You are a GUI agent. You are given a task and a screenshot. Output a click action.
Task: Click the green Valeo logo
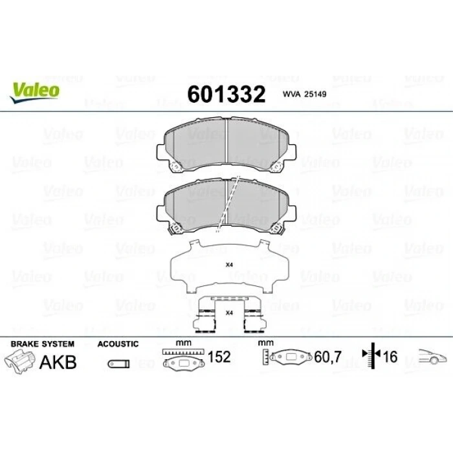point(35,91)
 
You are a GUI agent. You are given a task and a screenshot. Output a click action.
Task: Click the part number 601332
point(226,94)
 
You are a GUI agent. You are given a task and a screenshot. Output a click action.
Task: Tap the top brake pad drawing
point(226,148)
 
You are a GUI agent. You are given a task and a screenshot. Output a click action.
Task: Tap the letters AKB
point(58,361)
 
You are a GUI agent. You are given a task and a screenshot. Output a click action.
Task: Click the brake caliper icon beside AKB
point(19,361)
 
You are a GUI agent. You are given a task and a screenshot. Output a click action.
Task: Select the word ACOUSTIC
point(118,344)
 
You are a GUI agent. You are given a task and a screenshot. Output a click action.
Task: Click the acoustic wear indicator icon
point(117,364)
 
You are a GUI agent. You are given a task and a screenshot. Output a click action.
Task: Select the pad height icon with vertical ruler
point(288,358)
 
